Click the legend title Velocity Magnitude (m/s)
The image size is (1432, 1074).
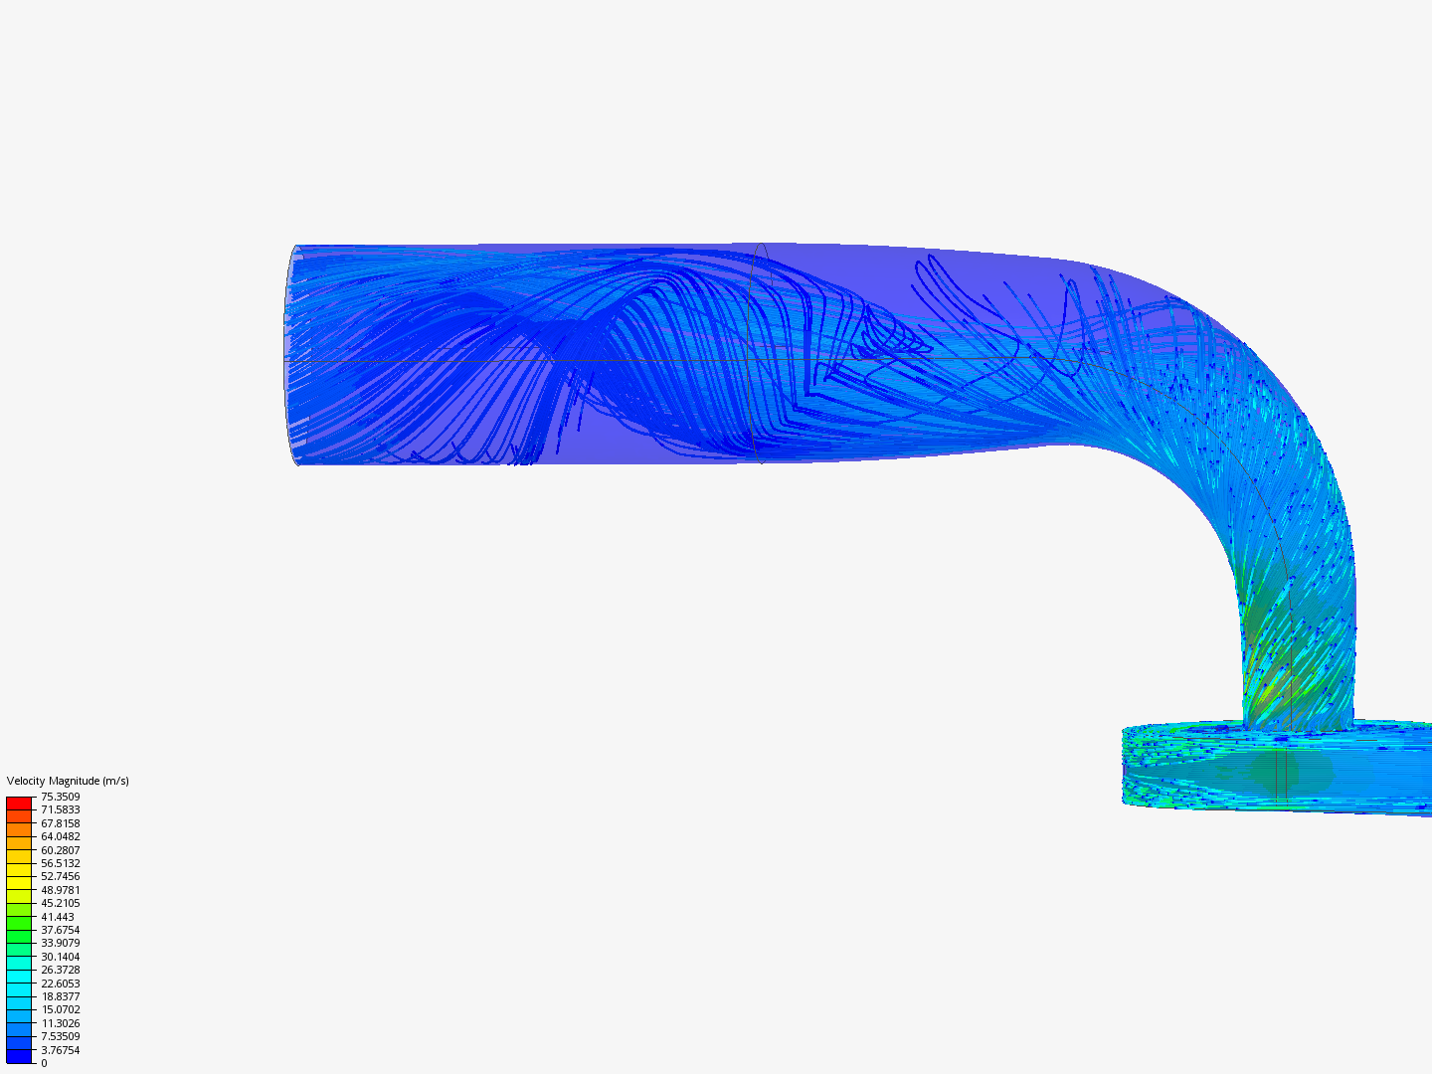(x=68, y=781)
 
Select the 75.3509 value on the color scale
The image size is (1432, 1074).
(x=60, y=797)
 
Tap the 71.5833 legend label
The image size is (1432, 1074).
(x=60, y=809)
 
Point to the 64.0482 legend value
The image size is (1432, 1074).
(x=60, y=836)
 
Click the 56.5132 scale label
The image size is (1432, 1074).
(x=60, y=863)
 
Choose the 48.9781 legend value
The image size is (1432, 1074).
(x=60, y=890)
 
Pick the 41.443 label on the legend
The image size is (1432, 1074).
(x=58, y=917)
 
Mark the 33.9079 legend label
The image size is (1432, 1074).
(x=60, y=943)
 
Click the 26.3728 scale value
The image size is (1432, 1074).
(x=60, y=970)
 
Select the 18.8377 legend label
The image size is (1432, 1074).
(x=60, y=996)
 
